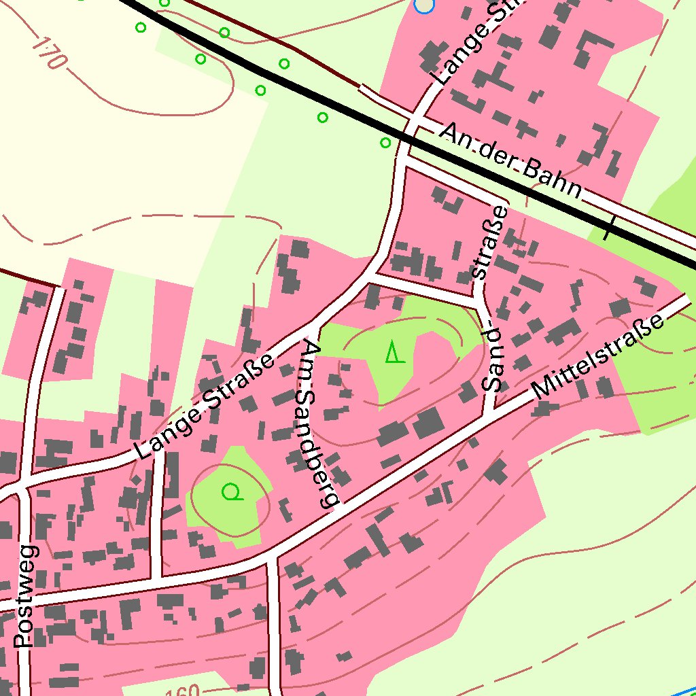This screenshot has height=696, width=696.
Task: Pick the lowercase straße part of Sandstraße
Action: (x=490, y=242)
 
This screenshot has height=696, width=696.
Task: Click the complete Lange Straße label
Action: (x=205, y=405)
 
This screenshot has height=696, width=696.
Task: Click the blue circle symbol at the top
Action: (x=423, y=5)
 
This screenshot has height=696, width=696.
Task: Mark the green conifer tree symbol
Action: (x=394, y=352)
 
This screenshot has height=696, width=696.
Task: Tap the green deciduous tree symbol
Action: (x=232, y=491)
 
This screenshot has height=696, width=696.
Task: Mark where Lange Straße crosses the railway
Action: (x=408, y=138)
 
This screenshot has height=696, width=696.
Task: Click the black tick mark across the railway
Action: (x=610, y=229)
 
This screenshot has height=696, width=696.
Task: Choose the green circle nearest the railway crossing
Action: (x=385, y=143)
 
